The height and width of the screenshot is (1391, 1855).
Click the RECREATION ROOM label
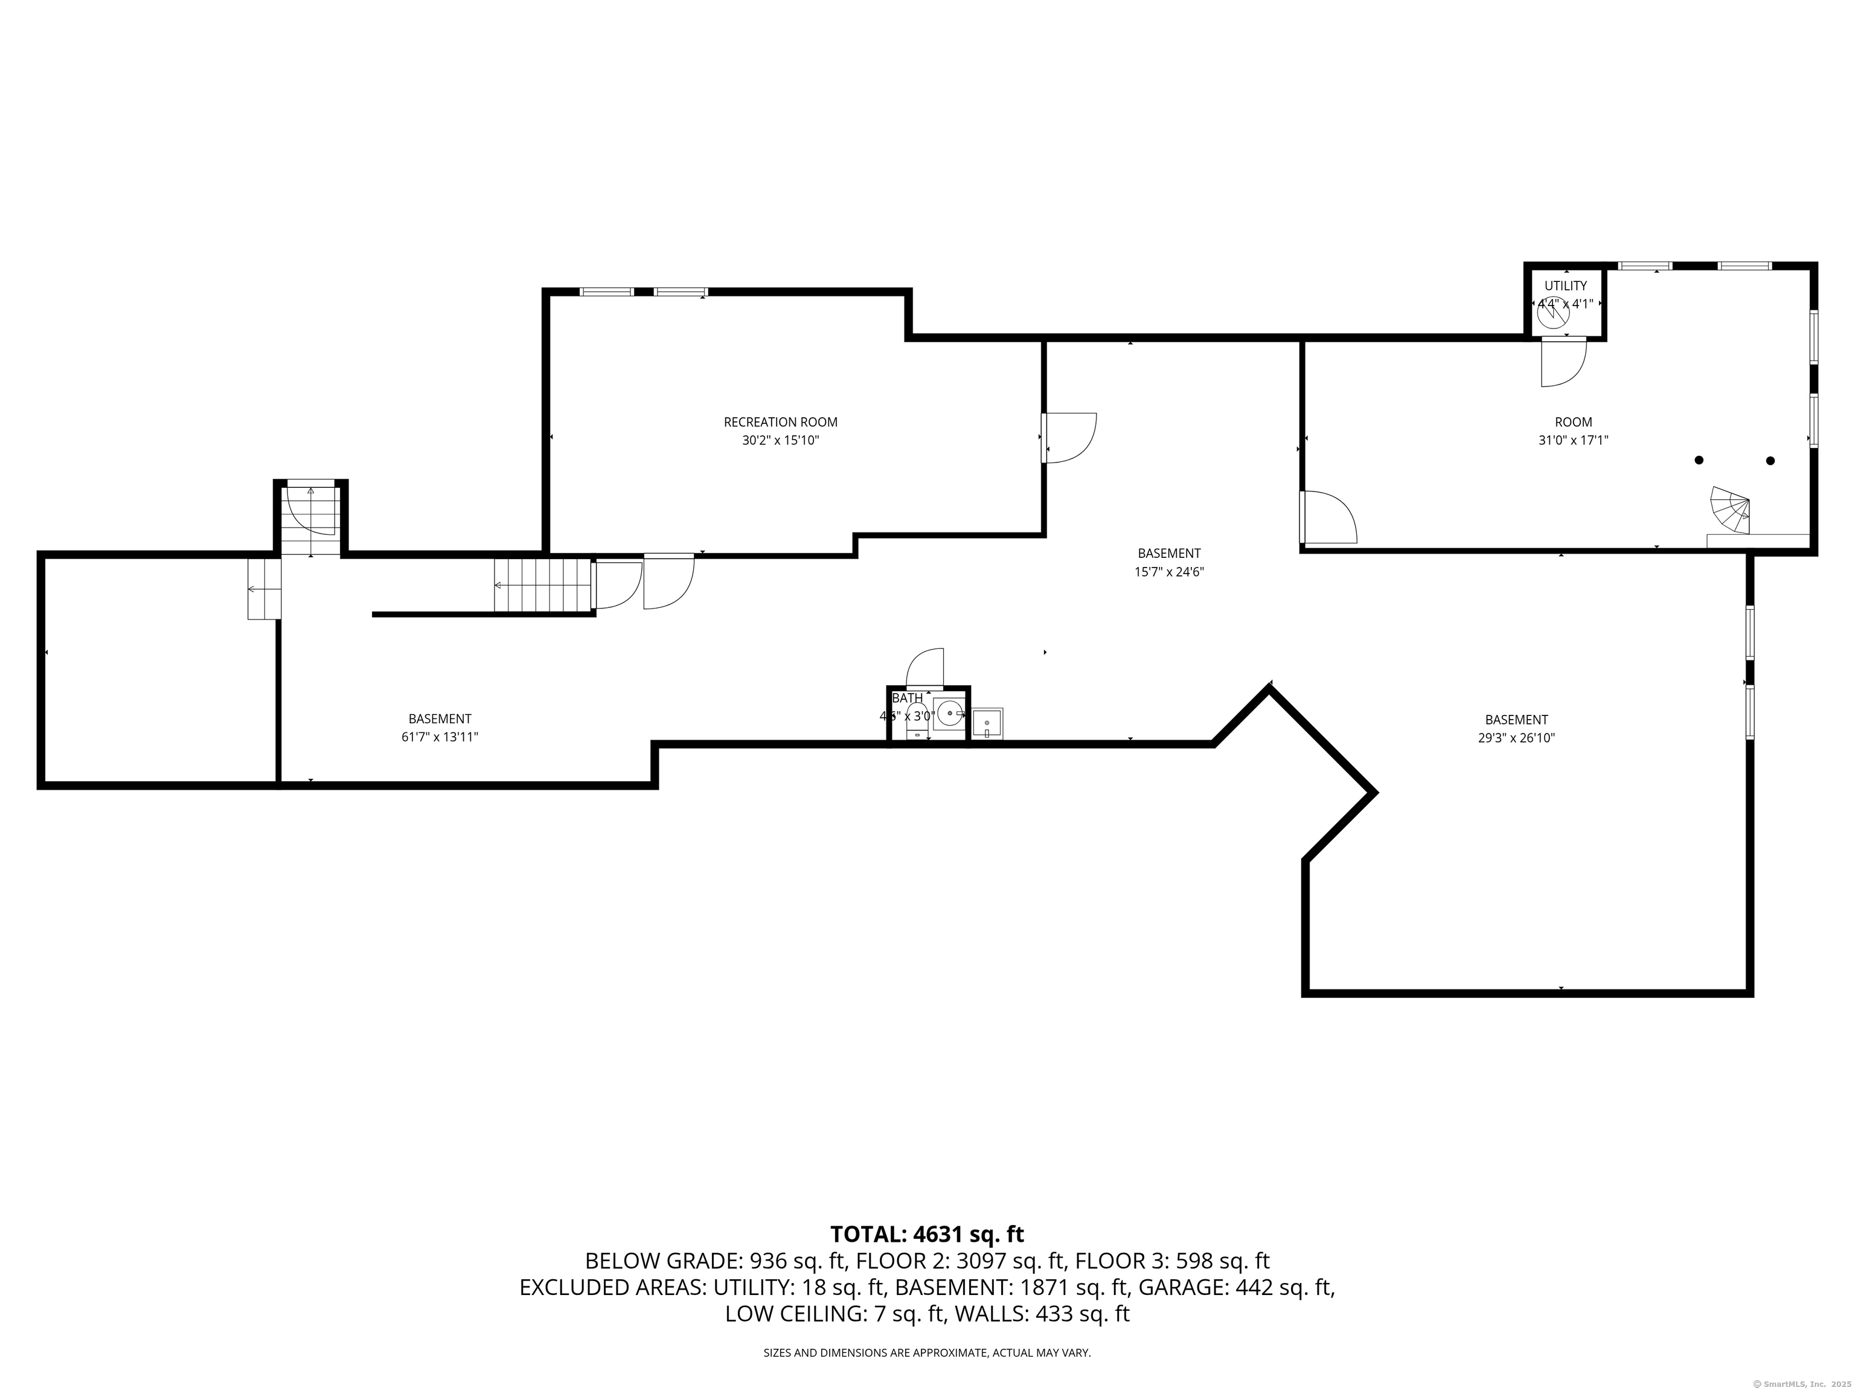point(780,422)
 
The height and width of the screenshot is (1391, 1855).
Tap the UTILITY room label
point(1565,286)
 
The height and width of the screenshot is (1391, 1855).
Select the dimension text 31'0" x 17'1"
point(1572,440)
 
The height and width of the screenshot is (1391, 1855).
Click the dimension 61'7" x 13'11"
point(440,737)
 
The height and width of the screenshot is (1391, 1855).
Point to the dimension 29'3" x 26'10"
point(1516,738)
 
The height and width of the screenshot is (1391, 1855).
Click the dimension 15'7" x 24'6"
point(1168,572)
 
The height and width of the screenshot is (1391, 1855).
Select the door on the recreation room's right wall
point(1068,437)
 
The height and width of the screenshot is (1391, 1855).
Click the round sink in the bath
point(950,714)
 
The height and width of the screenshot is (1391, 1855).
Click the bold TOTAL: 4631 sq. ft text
point(927,1234)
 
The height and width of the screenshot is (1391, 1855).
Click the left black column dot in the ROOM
point(1699,459)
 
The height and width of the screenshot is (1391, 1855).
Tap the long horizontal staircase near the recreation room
point(543,585)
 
